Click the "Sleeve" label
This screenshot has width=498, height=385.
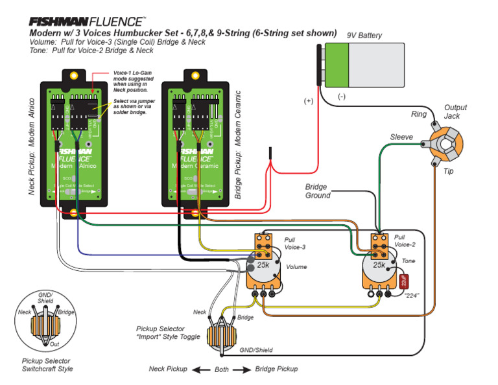(x=401, y=137)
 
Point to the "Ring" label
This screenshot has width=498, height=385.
(x=419, y=114)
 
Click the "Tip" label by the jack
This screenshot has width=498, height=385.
(x=449, y=171)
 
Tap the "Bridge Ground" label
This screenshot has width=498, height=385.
(x=318, y=191)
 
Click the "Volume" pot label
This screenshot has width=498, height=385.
(x=296, y=266)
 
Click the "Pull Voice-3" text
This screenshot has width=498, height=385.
(x=295, y=242)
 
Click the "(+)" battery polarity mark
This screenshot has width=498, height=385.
(x=309, y=101)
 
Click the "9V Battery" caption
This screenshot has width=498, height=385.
(x=364, y=36)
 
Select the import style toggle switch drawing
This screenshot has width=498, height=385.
(x=224, y=336)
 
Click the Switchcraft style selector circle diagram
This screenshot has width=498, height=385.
(x=46, y=321)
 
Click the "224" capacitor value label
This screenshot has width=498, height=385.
(x=412, y=296)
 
